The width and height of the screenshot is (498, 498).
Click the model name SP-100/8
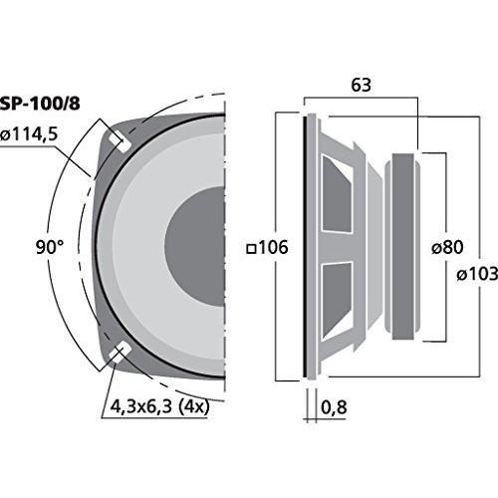[40, 104]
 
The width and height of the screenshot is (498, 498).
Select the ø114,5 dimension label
[29, 134]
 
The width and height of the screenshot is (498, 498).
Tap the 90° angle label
[50, 247]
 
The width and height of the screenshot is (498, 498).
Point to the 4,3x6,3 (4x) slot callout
[159, 406]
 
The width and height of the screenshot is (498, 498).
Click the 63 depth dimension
[361, 85]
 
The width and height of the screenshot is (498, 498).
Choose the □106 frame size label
[268, 248]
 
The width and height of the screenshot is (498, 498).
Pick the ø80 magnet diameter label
[447, 247]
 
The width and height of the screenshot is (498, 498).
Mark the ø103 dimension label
[477, 274]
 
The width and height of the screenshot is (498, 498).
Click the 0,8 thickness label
[334, 407]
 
